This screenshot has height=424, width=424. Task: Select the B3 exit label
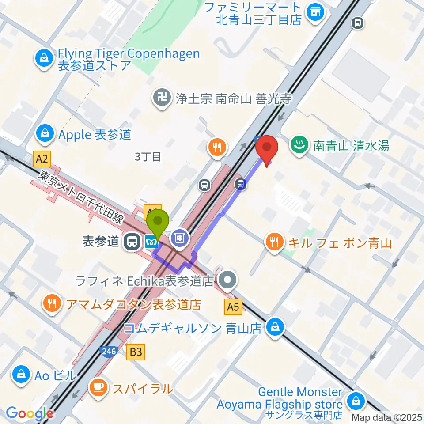[x=136, y=352]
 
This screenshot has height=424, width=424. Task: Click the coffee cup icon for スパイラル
[x=98, y=387]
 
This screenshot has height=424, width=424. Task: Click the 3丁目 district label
[x=148, y=157]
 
